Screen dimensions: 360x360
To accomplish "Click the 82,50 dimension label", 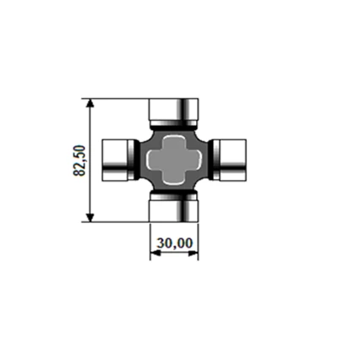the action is click(79, 161).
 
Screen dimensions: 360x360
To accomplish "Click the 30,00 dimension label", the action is click(175, 243).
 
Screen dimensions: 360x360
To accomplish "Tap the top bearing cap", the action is click(174, 112).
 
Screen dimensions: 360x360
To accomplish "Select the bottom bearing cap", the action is click(174, 208).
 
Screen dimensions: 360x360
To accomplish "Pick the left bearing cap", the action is click(118, 160).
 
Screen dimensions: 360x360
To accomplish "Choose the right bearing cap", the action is click(230, 160).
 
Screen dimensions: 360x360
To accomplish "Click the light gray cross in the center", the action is click(175, 160).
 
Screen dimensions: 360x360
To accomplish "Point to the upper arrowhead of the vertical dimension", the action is click(90, 103).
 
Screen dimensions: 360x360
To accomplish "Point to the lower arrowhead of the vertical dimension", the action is click(90, 217).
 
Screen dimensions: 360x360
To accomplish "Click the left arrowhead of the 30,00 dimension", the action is click(155, 254).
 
